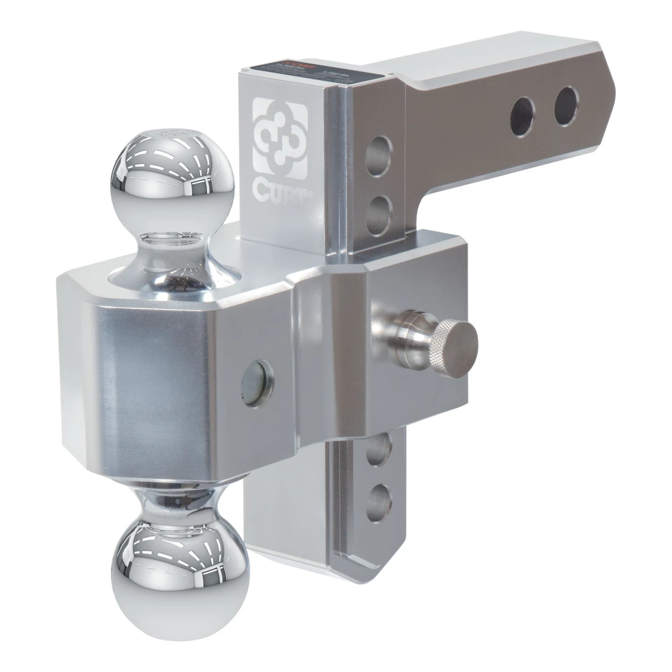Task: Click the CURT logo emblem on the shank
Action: coord(280,138)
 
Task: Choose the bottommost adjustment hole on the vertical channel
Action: coord(379,501)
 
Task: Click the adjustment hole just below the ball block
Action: coord(378,449)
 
